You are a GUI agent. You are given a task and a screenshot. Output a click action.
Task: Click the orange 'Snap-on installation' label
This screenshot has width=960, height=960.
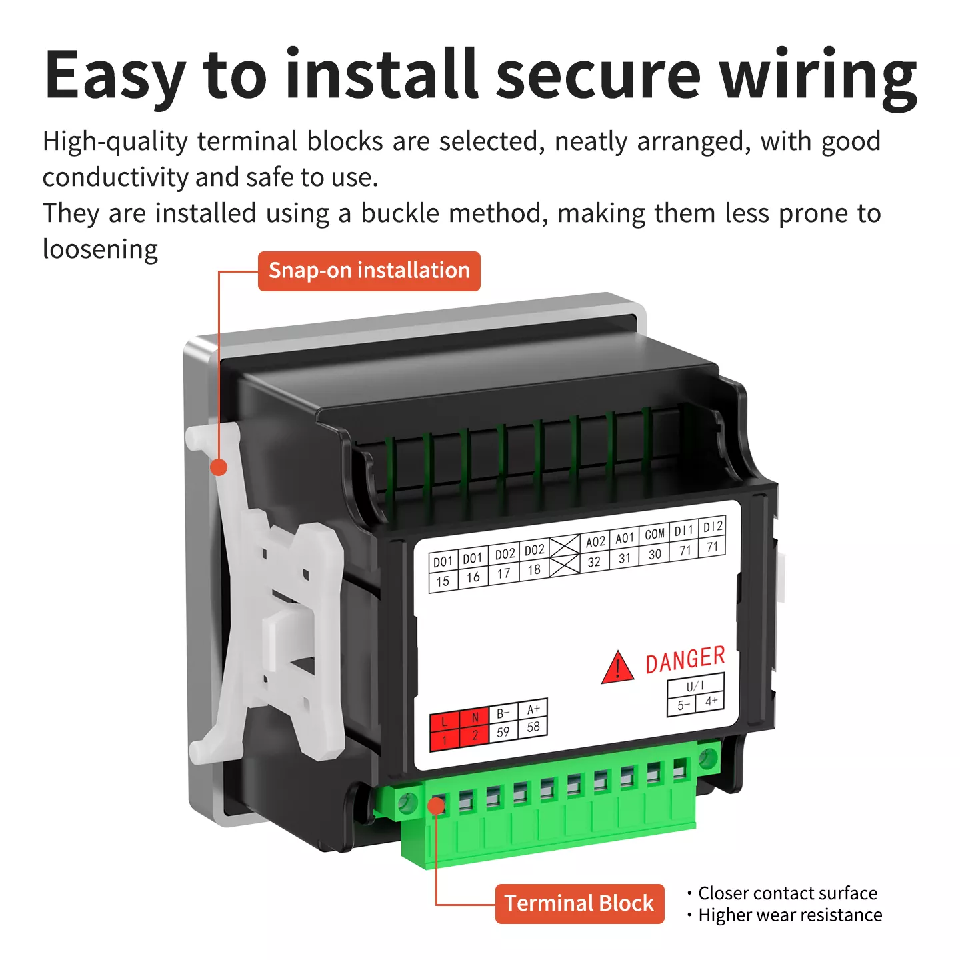click(x=369, y=271)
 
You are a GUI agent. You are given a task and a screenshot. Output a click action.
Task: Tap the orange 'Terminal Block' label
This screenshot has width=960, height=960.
click(x=579, y=903)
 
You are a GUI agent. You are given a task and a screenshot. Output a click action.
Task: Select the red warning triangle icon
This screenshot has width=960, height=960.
click(x=617, y=668)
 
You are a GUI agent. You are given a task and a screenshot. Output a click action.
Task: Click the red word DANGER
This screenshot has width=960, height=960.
click(x=685, y=659)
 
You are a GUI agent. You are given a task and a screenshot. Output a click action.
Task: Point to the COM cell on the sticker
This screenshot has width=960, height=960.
click(x=654, y=535)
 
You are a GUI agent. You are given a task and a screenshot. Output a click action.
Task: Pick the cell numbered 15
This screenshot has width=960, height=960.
click(x=443, y=581)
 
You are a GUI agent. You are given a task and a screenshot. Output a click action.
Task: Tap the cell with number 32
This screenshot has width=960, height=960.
click(x=594, y=562)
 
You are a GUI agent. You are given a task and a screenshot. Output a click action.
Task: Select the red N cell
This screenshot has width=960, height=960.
click(x=474, y=718)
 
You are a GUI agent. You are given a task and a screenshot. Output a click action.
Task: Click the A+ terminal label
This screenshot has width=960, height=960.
click(x=533, y=709)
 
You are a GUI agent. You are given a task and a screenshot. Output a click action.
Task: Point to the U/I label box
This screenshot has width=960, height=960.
click(x=695, y=686)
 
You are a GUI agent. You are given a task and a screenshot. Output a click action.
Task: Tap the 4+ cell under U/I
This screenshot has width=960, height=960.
click(x=711, y=701)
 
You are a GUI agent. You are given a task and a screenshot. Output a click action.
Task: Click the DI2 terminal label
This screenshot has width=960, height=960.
click(x=713, y=527)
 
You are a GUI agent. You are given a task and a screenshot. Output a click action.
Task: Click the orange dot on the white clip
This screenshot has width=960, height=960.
click(x=218, y=467)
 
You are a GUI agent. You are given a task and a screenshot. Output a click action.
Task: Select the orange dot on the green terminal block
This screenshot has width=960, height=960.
click(x=437, y=806)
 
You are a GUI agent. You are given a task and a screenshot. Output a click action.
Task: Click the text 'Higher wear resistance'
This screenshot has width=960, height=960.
click(x=789, y=915)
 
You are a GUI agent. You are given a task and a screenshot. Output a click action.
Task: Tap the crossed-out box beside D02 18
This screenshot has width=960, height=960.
click(x=565, y=557)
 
